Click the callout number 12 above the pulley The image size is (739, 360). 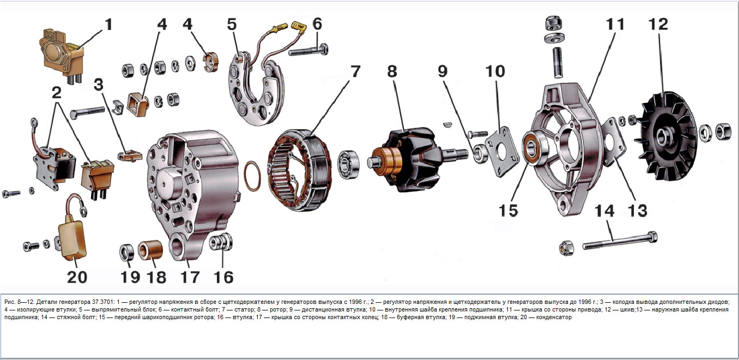click(x=658, y=24)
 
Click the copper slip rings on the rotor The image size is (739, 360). click(x=386, y=162)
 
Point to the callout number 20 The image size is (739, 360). click(x=77, y=277)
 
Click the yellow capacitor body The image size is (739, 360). click(x=72, y=237)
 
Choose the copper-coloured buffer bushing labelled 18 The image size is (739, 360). click(x=150, y=250)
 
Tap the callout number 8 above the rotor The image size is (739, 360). click(x=392, y=71)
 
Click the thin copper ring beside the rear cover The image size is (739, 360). click(x=252, y=176)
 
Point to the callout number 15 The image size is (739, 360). click(x=508, y=210)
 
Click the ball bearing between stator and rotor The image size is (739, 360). click(x=348, y=164)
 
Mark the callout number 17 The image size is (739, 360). click(x=190, y=277)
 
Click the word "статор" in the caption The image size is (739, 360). click(x=246, y=309)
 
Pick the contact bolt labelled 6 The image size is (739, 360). click(x=308, y=51)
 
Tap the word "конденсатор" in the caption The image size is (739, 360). click(x=554, y=317)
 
